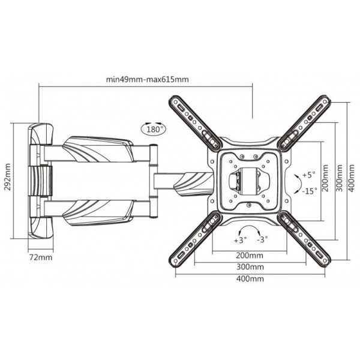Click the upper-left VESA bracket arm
click(x=196, y=122)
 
